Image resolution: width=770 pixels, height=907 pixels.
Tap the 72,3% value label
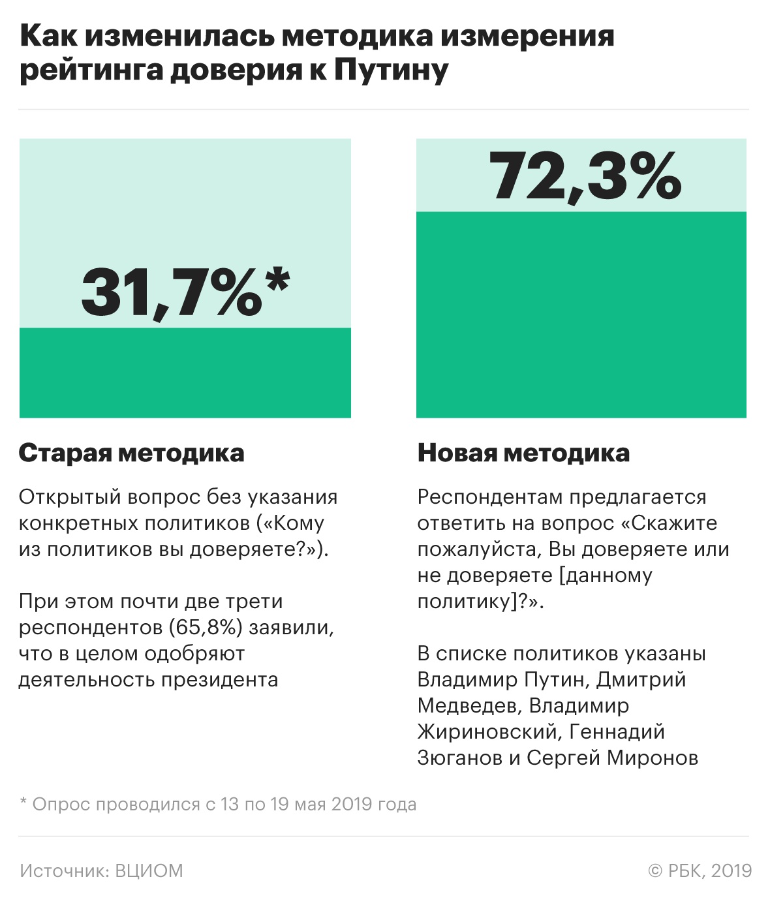click(x=585, y=176)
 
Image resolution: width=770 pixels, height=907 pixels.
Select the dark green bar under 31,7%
click(x=185, y=373)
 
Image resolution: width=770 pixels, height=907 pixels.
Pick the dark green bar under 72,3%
click(x=581, y=315)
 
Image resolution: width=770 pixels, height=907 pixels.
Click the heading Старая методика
click(x=132, y=453)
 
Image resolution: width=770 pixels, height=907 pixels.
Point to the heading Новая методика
click(x=523, y=453)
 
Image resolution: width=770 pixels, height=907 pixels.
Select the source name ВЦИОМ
click(x=149, y=871)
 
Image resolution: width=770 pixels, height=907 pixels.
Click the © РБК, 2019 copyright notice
click(x=700, y=871)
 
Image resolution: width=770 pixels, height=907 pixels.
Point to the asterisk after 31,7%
click(x=277, y=283)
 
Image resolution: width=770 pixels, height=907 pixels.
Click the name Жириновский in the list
click(x=488, y=731)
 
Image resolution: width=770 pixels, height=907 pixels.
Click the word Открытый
click(x=69, y=497)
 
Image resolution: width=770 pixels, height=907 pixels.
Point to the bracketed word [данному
click(x=606, y=576)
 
